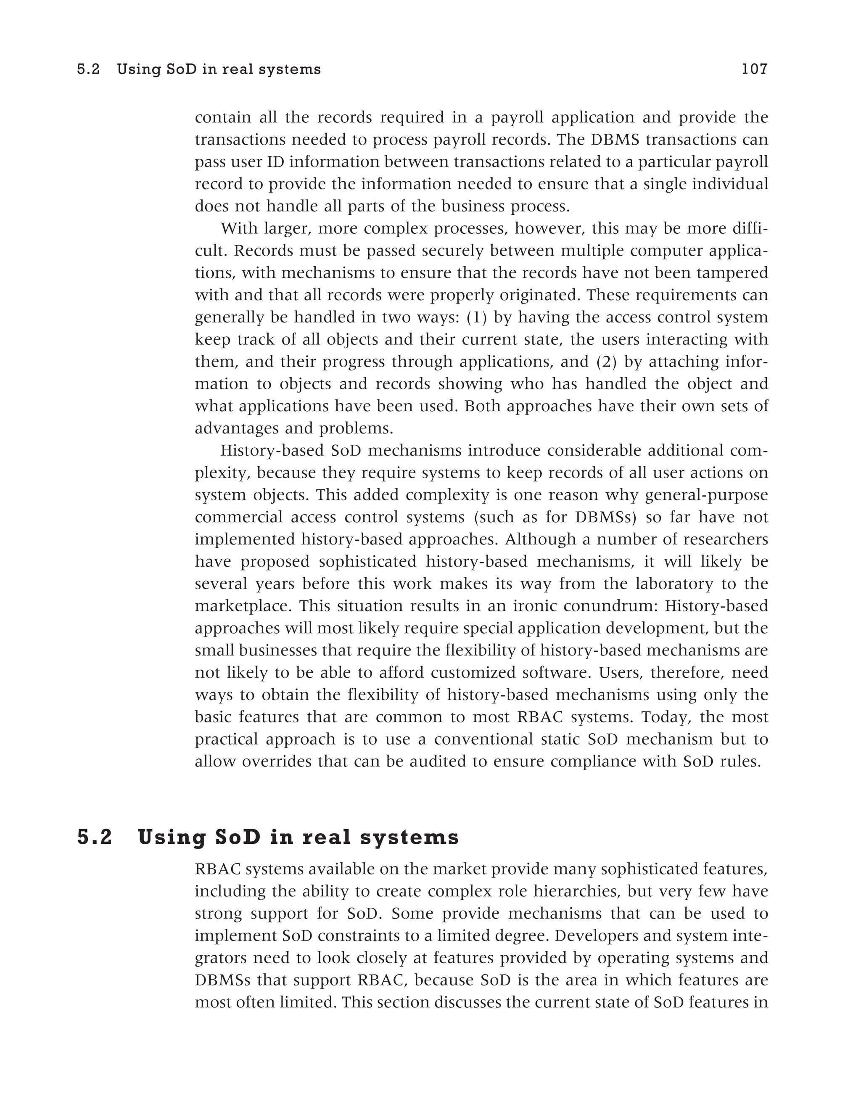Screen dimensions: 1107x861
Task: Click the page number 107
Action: tap(755, 69)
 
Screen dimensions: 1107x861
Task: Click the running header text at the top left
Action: tap(199, 69)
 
